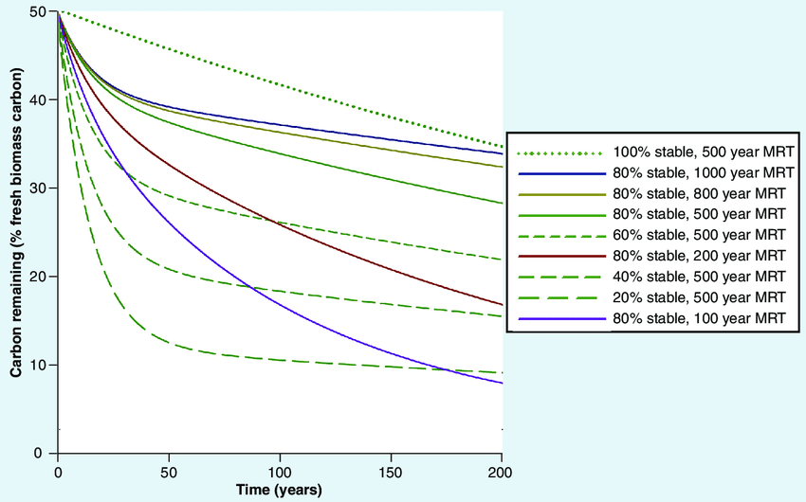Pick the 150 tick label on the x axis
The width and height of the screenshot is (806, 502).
(391, 471)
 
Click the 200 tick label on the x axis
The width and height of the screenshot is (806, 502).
(501, 471)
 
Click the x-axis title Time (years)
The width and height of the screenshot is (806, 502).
(280, 491)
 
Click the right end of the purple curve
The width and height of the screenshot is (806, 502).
(502, 383)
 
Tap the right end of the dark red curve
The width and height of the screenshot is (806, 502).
(502, 305)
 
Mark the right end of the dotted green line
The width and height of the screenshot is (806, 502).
(502, 146)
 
